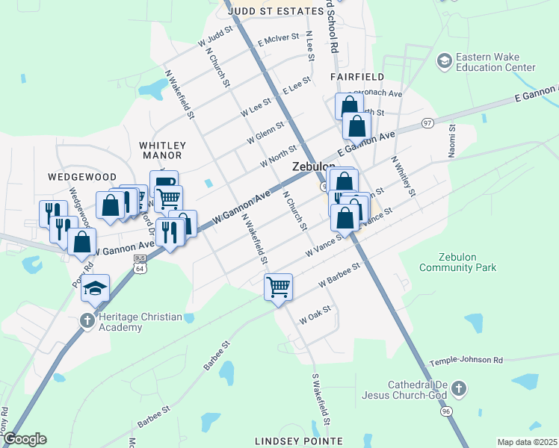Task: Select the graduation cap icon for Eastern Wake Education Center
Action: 444,59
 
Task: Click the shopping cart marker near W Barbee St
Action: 278,287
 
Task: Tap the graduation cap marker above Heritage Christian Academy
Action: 96,288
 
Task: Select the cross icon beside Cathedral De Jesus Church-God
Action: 459,389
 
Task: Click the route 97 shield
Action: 426,123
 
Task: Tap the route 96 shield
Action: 447,411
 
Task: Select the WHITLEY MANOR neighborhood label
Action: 161,150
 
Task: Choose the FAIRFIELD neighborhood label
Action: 357,77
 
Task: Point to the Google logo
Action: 24,439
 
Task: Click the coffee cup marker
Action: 164,184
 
